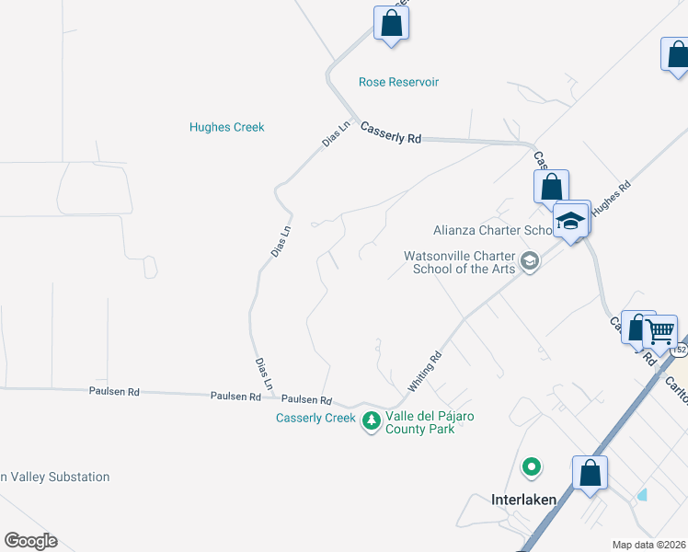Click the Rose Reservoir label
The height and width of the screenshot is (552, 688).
coord(398,82)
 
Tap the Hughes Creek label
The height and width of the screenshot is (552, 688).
coord(226,127)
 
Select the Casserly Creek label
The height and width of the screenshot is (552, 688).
coord(315,418)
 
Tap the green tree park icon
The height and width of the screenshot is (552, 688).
coord(371,422)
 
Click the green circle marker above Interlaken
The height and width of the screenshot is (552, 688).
coord(531,468)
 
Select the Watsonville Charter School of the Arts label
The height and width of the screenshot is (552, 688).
coord(460,262)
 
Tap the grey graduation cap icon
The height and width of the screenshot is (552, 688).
coord(530,262)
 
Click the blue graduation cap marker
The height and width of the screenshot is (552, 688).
coord(571,221)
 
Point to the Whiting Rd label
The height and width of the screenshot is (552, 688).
coord(425,369)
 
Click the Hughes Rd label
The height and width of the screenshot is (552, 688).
coord(612,198)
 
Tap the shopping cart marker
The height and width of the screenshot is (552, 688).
coord(659,330)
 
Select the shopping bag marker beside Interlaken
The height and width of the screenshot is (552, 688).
coord(590,474)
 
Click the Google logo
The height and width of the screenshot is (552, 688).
coord(30,541)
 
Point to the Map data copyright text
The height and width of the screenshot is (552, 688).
coord(648,545)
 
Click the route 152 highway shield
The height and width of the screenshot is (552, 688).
coord(680,351)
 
